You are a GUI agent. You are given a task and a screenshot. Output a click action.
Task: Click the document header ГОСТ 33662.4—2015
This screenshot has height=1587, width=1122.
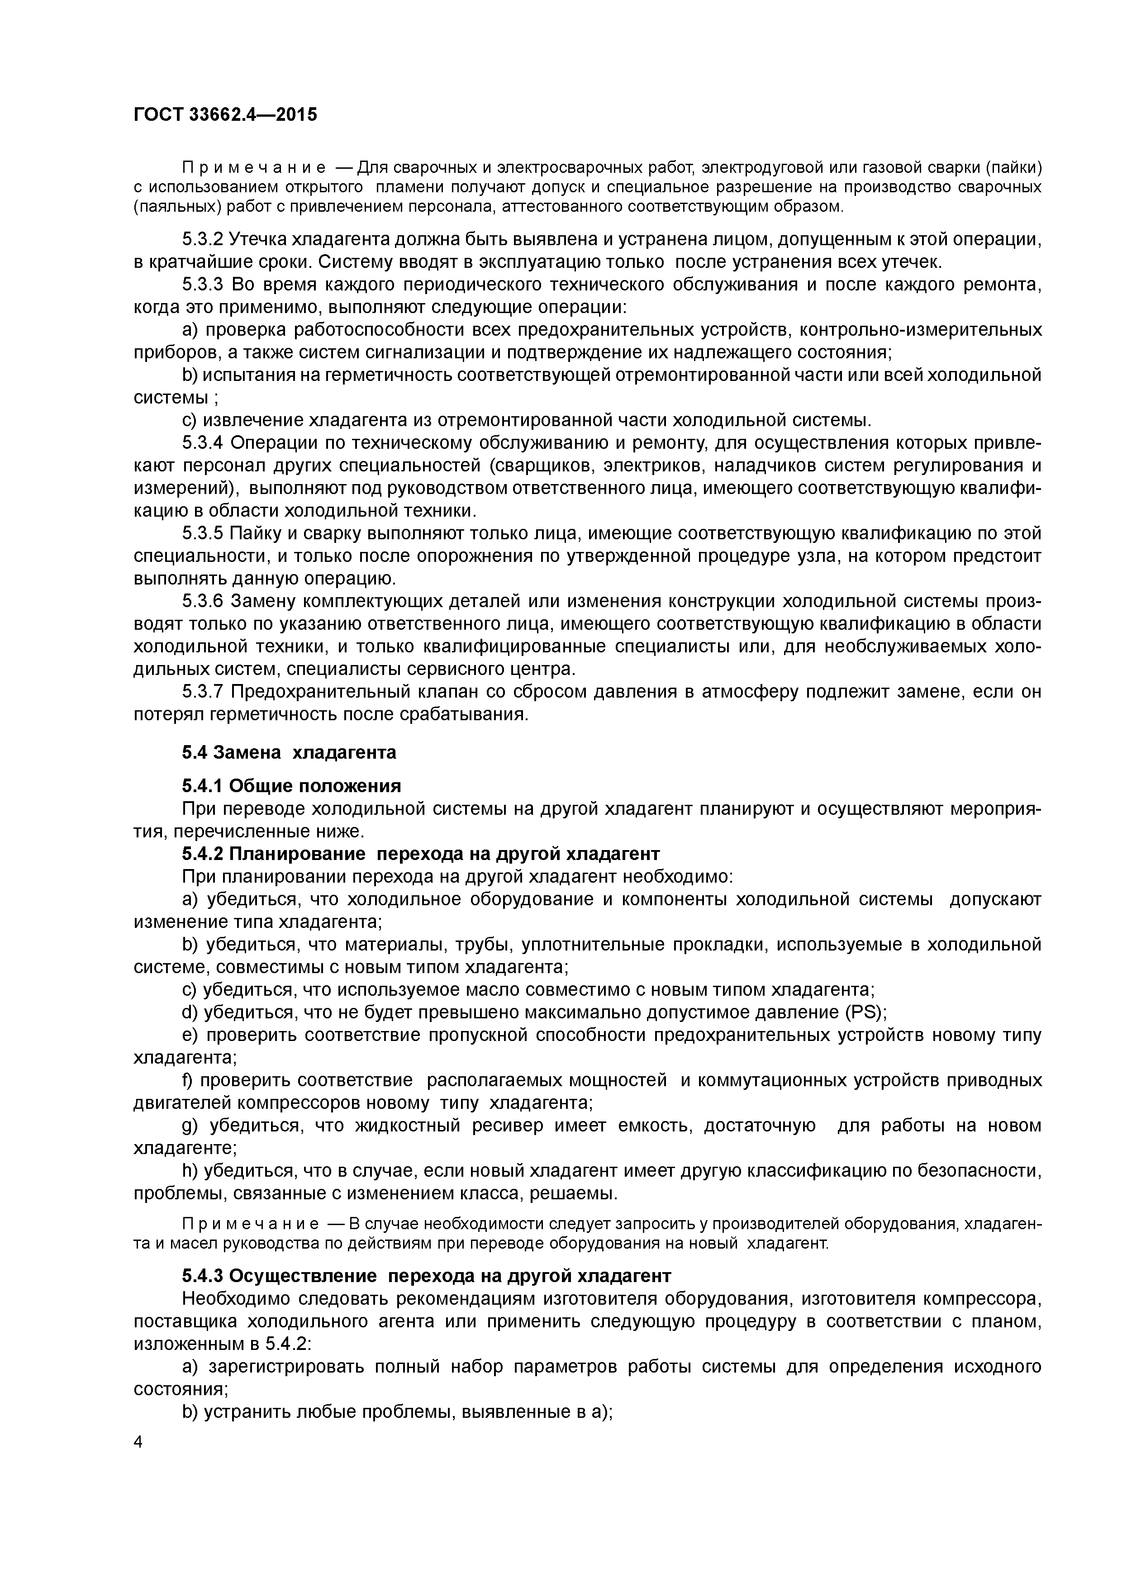tap(225, 115)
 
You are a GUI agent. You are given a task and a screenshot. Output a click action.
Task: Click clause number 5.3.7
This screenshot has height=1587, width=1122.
tap(203, 692)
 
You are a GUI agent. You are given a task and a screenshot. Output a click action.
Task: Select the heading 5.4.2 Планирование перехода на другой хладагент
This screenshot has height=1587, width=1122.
tap(420, 854)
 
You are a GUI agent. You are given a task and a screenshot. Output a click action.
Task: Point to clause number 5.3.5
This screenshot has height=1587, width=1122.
tap(203, 534)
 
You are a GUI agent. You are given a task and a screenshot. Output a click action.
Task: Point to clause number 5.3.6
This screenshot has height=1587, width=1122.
tap(203, 601)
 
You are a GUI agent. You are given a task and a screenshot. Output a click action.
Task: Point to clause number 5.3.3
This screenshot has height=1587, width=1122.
tap(203, 285)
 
